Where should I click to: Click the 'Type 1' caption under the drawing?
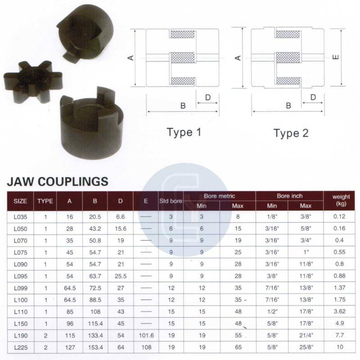184,133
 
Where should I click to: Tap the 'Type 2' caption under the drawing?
291,133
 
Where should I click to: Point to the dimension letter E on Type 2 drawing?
336,57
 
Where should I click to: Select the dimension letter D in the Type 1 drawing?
208,98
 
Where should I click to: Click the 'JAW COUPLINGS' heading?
58,181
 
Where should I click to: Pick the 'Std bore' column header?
171,201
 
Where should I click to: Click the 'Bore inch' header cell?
289,196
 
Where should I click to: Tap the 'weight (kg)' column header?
341,200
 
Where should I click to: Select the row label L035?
20,217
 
